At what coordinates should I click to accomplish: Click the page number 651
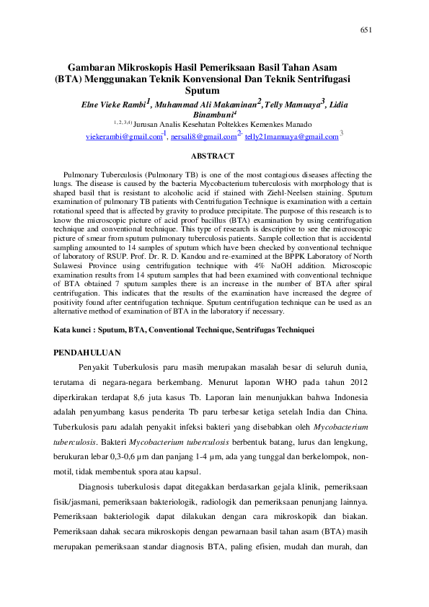(366, 30)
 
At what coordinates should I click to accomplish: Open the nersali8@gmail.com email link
(203, 136)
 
